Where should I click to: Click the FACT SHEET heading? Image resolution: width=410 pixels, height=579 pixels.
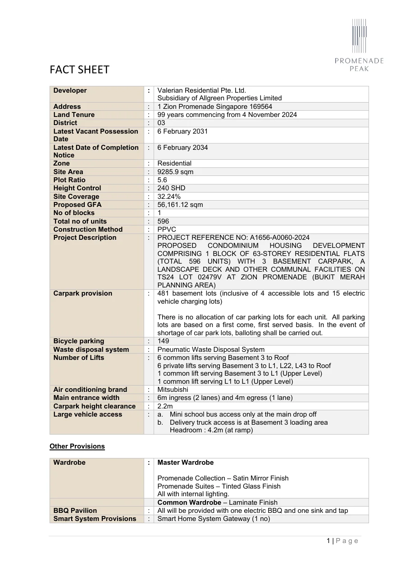tap(79, 70)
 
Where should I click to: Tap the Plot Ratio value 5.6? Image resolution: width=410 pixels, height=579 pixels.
tap(162, 180)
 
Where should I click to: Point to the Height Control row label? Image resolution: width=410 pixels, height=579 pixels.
tap(77, 188)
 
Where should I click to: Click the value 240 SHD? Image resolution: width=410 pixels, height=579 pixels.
tap(171, 188)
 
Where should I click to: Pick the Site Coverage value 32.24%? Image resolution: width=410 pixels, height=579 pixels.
tap(169, 197)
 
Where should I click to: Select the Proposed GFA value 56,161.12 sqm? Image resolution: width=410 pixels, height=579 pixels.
tap(180, 205)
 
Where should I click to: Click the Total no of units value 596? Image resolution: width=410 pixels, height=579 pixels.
tap(163, 221)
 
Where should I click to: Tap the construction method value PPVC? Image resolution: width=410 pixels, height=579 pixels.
tap(167, 229)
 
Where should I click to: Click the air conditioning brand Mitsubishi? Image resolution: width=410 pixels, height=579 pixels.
tap(173, 390)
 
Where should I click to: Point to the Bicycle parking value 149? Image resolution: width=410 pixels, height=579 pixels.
tap(163, 341)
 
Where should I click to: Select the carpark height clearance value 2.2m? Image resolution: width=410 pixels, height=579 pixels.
tap(165, 406)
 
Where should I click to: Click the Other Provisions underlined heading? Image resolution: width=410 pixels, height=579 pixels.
tap(77, 446)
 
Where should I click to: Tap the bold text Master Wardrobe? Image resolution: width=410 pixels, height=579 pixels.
tap(186, 462)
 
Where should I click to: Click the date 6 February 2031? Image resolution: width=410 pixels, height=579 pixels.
tap(182, 131)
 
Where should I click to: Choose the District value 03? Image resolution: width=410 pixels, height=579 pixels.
tap(161, 123)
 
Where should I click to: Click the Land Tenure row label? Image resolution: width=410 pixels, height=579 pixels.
tap(74, 115)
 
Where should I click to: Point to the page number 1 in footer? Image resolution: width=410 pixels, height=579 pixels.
tap(328, 541)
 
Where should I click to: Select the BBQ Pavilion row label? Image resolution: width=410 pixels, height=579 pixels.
tap(75, 511)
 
